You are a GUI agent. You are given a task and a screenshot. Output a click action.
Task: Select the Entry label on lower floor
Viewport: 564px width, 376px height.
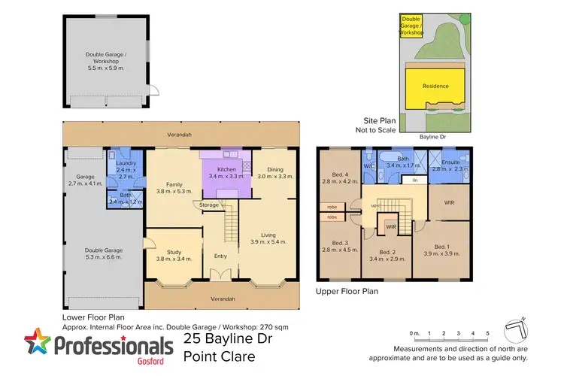tap(220, 256)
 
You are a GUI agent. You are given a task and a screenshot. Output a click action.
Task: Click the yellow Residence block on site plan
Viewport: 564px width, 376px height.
tap(435, 86)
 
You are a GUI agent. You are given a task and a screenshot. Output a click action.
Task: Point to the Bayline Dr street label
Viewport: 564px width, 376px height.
tap(435, 137)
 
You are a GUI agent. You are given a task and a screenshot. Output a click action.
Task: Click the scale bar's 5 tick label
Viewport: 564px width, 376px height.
tap(487, 333)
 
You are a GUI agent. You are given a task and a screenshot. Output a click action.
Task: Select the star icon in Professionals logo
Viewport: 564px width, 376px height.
tap(38, 344)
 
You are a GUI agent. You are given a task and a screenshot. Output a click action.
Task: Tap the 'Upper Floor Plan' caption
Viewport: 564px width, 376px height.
tap(347, 291)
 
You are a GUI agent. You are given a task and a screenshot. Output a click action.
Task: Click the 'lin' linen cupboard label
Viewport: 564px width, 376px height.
tap(415, 180)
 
